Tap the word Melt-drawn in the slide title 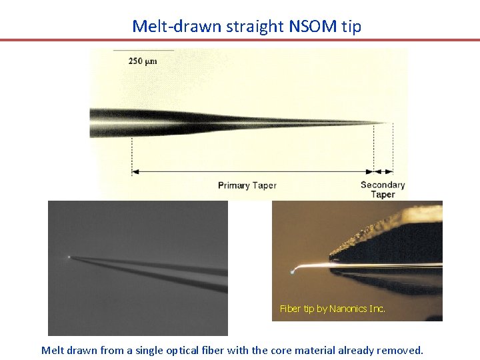click(x=169, y=26)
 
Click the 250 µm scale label click(x=143, y=61)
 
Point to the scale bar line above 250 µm click(x=143, y=51)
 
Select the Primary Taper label click(x=247, y=185)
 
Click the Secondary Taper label click(x=383, y=189)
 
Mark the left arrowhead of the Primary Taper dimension click(x=135, y=172)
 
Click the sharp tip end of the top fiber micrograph click(x=385, y=123)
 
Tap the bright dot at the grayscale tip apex click(x=69, y=257)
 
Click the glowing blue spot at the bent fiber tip click(x=293, y=272)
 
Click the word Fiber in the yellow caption click(x=291, y=309)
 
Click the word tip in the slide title click(x=352, y=26)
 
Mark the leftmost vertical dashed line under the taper click(x=132, y=153)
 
